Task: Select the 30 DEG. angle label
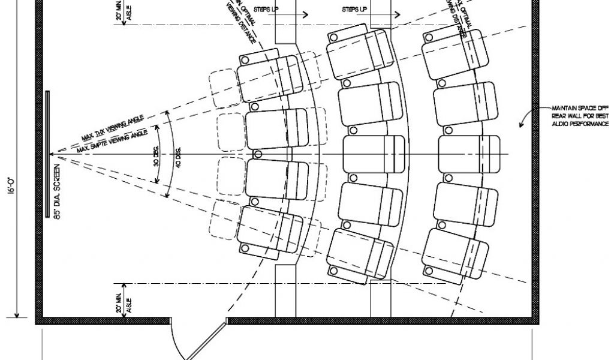pos(155,154)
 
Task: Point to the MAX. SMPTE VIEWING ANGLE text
pos(114,140)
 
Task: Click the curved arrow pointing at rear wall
pos(526,116)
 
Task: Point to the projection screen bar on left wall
pos(47,154)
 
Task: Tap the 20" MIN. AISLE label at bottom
pos(122,303)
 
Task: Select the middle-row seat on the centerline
pos(372,154)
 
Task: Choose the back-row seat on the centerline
pos(469,154)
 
